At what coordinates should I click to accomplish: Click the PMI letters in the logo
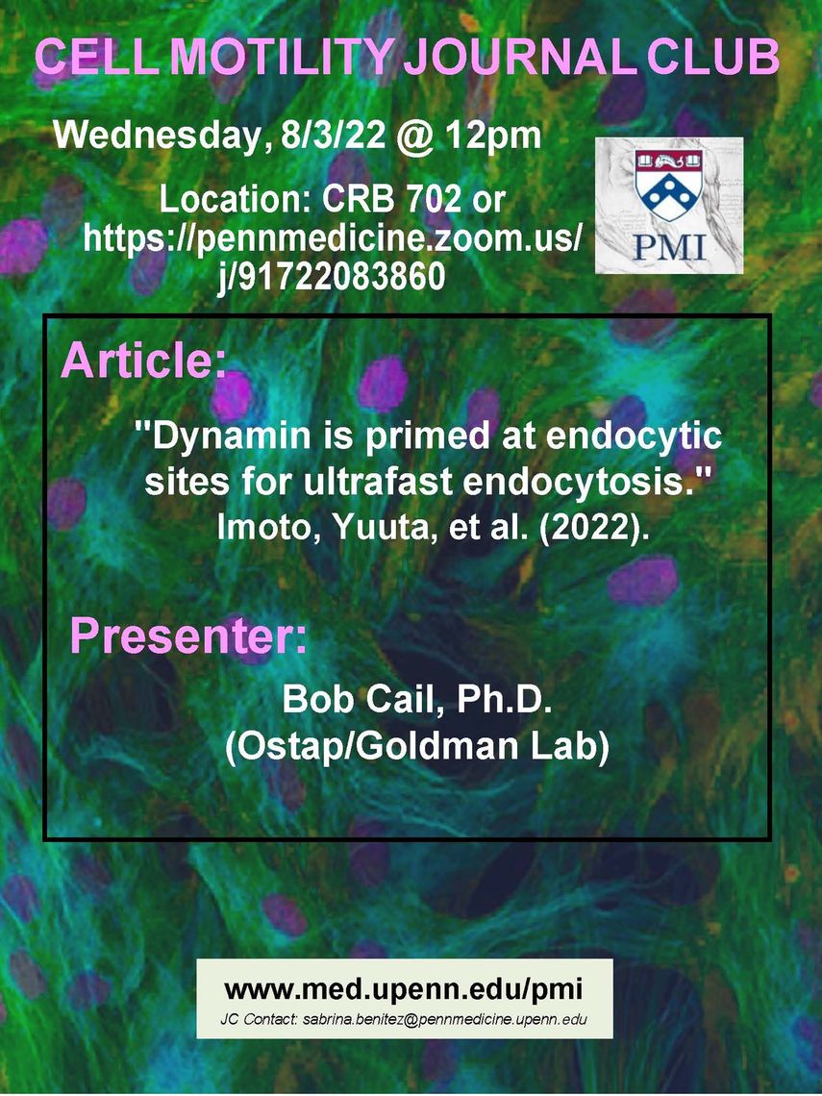pyautogui.click(x=670, y=247)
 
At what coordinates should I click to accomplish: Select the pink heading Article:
pyautogui.click(x=143, y=361)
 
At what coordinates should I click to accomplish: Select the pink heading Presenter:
pyautogui.click(x=188, y=636)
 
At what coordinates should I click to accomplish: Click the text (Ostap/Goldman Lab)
pyautogui.click(x=416, y=746)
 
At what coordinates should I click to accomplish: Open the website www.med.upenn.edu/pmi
pyautogui.click(x=404, y=989)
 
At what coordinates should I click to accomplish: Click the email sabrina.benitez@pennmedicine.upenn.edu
pyautogui.click(x=445, y=1019)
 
